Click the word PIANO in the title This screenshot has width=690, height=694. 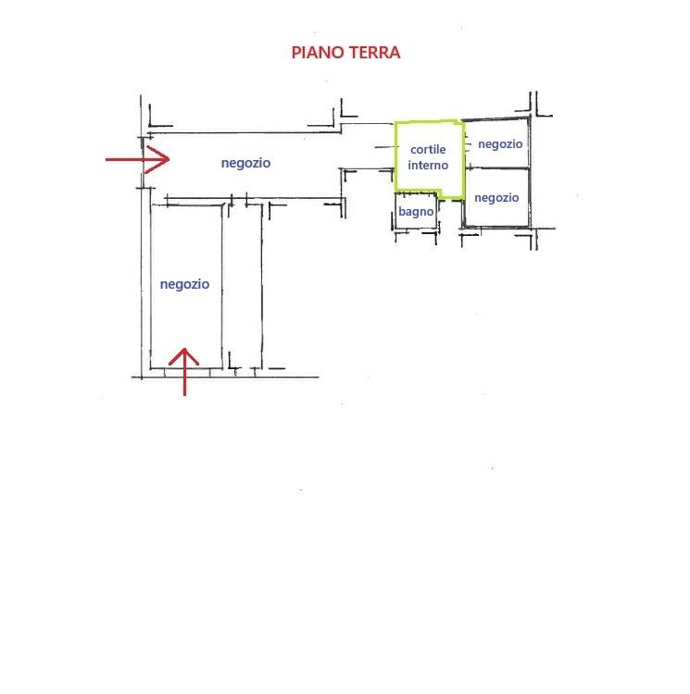coord(318,53)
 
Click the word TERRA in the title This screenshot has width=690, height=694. coord(374,53)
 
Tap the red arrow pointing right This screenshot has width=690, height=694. coord(137,159)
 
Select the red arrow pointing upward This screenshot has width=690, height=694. coord(184,372)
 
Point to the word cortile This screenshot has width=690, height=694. coord(428,150)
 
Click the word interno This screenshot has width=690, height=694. coord(428,165)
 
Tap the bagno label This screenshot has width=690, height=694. coord(416,212)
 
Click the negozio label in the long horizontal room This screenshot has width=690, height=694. coord(245,163)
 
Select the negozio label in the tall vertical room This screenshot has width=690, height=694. coord(184,285)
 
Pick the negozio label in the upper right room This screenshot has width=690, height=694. coord(500,144)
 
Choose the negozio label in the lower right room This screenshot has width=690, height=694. coord(496,198)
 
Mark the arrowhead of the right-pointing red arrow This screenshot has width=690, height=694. coord(169,159)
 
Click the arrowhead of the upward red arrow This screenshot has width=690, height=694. coord(184,349)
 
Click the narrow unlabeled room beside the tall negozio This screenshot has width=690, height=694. coord(243,286)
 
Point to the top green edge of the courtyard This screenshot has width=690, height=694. coord(429,122)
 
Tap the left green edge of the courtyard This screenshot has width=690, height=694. coord(395,156)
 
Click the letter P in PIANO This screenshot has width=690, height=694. coord(295,53)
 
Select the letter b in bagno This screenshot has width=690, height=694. coord(402,212)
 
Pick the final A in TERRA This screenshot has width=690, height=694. coord(395,53)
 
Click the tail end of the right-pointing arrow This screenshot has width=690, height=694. coord(106,159)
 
